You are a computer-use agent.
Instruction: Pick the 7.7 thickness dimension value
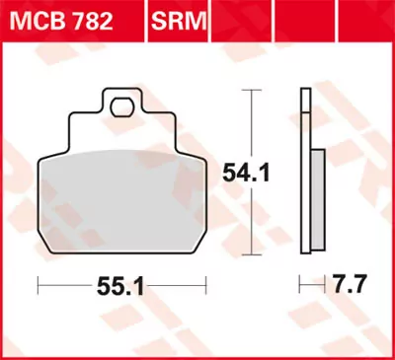347,287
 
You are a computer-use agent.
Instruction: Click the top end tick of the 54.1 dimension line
255,90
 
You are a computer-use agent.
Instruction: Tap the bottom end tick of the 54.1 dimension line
255,253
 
